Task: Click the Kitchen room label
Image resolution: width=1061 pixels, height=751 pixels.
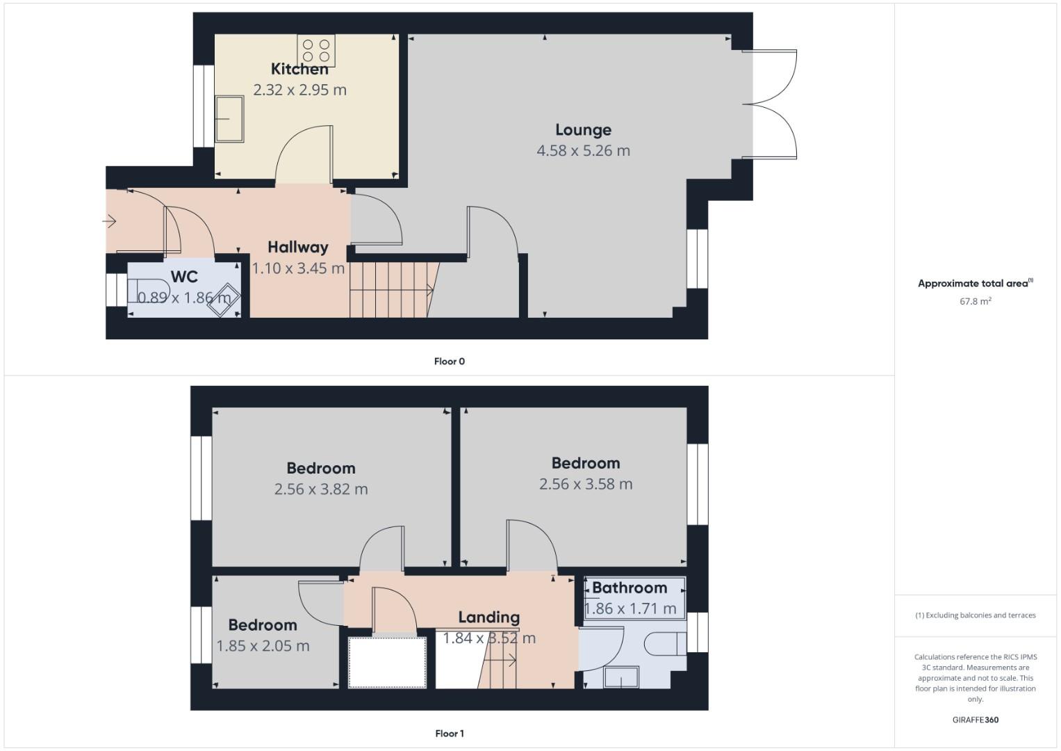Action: [x=299, y=69]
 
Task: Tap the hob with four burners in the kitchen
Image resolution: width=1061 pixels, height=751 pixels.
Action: [x=316, y=50]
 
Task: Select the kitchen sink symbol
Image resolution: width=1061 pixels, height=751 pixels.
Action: [x=229, y=119]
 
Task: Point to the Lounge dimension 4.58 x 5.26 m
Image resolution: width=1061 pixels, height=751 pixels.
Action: [x=583, y=151]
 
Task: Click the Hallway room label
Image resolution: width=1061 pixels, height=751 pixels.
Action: [x=297, y=247]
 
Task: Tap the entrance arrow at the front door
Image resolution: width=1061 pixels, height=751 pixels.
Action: [x=110, y=222]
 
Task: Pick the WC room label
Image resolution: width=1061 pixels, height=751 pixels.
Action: [x=184, y=277]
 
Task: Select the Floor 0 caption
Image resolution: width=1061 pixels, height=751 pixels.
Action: [x=449, y=362]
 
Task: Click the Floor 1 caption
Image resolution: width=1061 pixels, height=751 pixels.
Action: [x=449, y=734]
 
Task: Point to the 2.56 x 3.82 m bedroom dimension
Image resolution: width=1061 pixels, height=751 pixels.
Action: [x=321, y=490]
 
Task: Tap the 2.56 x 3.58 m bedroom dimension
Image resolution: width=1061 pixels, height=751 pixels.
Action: [x=586, y=485]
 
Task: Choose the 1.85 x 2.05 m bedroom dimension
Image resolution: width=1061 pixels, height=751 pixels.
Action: [x=263, y=646]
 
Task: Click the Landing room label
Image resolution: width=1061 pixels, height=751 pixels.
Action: [x=488, y=617]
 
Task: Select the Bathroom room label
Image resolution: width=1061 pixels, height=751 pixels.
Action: [x=630, y=588]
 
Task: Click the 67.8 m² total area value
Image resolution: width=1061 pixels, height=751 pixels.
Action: [x=975, y=302]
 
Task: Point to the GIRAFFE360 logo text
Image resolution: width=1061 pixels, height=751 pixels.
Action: [x=975, y=720]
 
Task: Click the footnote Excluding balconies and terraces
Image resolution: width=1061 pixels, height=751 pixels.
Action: [x=975, y=615]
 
